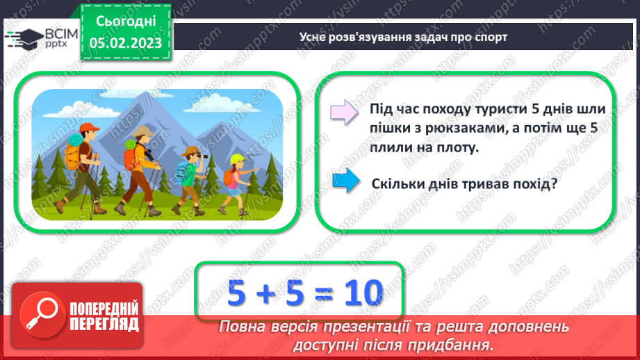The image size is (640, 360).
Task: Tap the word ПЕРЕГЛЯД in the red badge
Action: (x=104, y=323)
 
